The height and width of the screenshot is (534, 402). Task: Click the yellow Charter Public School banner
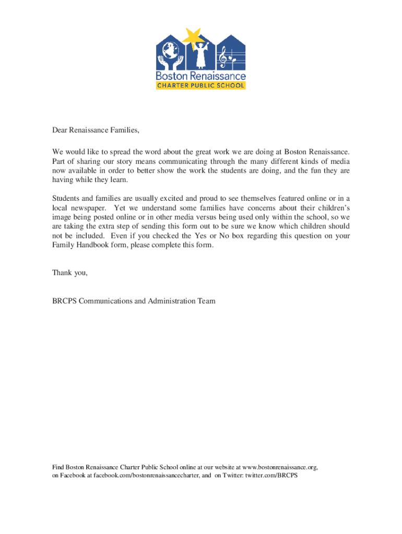coord(201,85)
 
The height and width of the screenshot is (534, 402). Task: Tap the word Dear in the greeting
coord(61,130)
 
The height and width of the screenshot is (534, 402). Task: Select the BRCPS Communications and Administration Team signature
coord(134,301)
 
